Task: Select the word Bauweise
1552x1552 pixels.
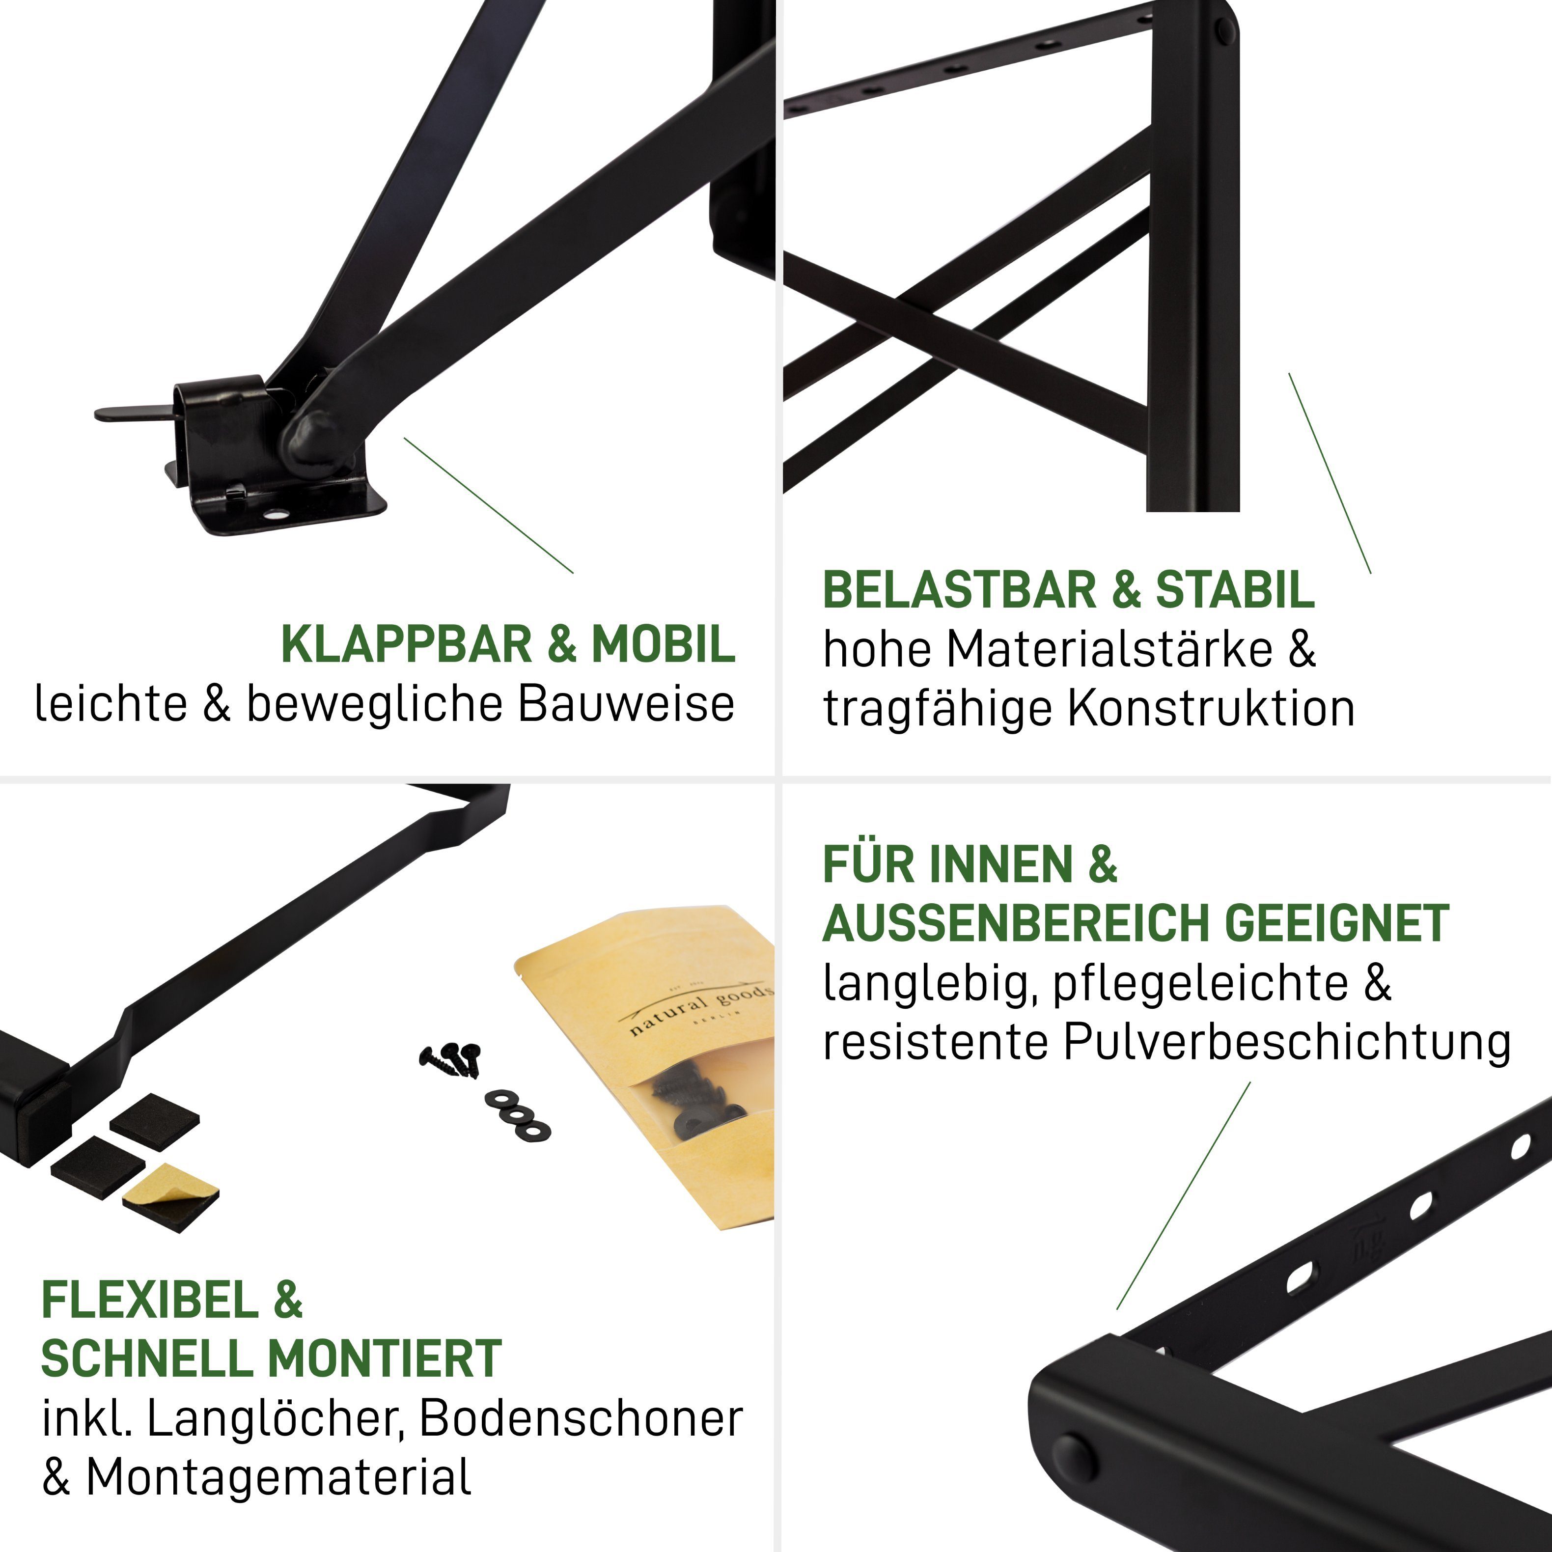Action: [626, 704]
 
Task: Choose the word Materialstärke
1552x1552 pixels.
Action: [1109, 649]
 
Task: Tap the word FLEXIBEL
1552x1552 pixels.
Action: [149, 1300]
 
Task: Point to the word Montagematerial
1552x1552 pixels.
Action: [278, 1478]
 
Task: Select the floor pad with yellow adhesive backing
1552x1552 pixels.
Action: [170, 1196]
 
